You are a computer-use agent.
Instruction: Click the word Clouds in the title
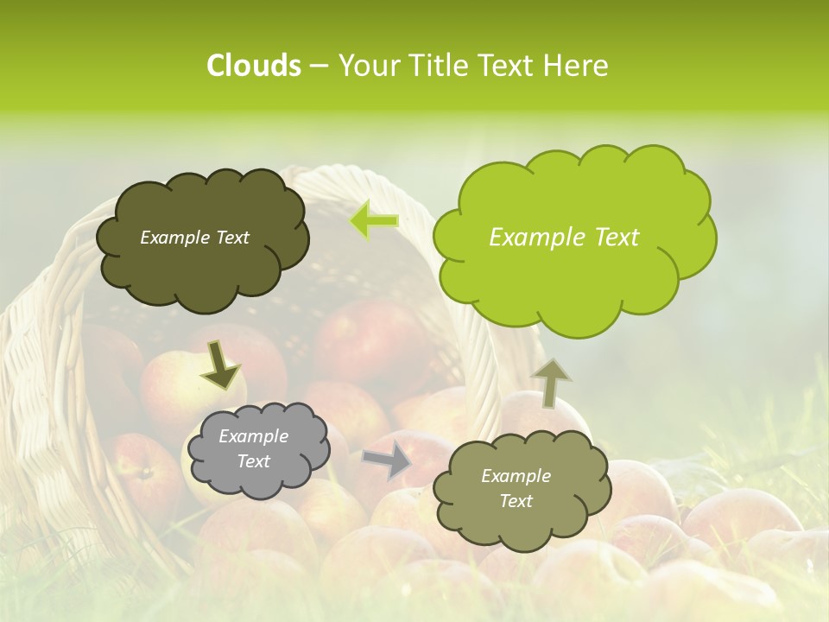253,66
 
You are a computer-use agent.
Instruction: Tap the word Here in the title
575,66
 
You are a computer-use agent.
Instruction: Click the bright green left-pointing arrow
374,221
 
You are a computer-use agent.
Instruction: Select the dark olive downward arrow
220,365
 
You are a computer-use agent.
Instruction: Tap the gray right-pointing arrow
387,460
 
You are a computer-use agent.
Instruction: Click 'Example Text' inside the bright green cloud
564,238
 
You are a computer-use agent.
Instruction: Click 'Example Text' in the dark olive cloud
194,238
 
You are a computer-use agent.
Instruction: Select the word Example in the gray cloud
253,436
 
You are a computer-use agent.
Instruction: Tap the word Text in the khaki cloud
516,501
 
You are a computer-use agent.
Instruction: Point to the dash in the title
319,66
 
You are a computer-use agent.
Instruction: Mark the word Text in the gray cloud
253,461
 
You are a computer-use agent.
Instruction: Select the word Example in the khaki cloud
516,476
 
